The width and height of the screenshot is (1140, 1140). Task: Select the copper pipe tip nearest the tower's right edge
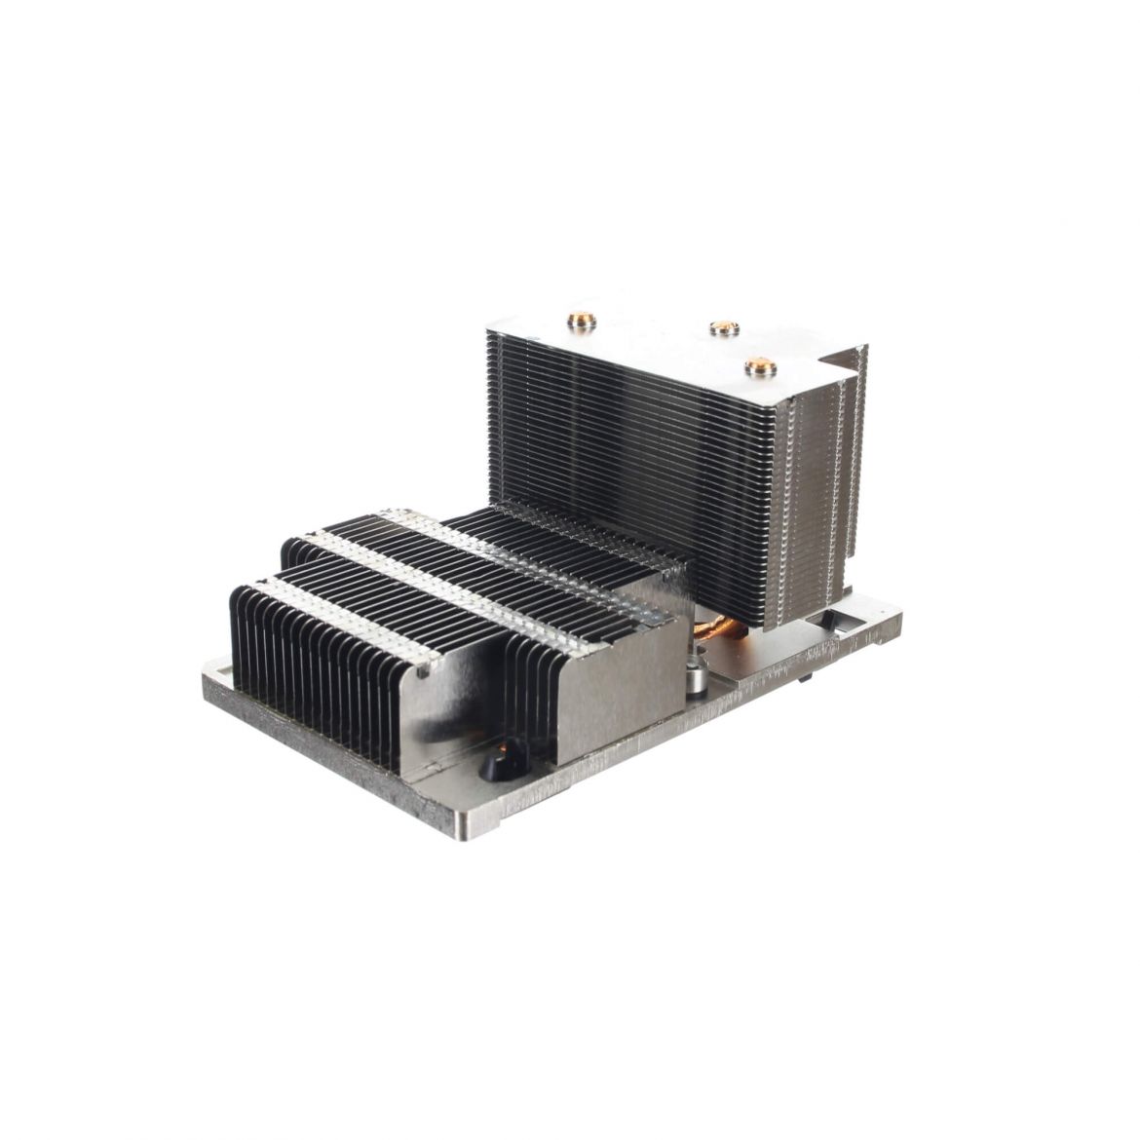[x=757, y=367]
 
